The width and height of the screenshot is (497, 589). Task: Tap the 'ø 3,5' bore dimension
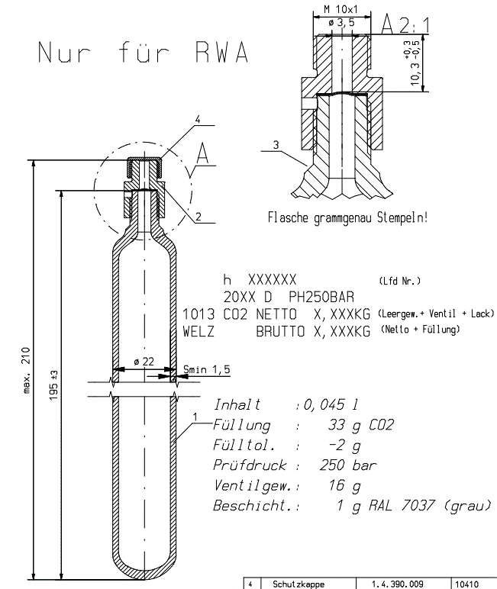pos(340,23)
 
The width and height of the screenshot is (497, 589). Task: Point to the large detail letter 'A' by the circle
pos(202,154)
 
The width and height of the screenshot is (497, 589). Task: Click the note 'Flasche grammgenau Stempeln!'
pos(347,217)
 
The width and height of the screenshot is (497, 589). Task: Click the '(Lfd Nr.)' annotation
pos(399,281)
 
